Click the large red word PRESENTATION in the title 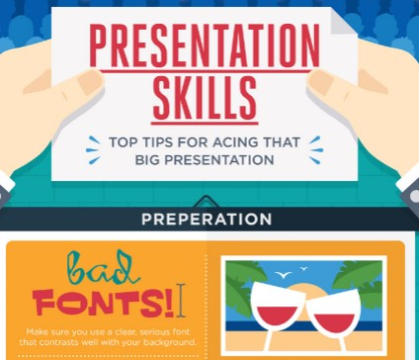coord(205,47)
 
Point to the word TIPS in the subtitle coord(159,141)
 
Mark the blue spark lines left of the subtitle coord(93,150)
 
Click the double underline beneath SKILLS coord(205,119)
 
